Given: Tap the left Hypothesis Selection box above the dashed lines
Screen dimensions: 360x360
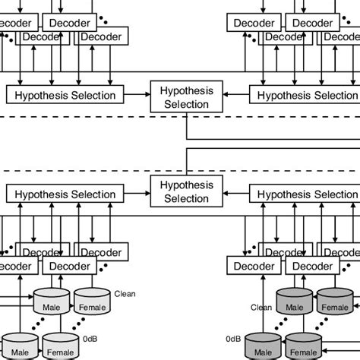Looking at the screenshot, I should coord(65,95).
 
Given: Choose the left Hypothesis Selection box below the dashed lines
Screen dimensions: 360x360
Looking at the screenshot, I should coord(65,194).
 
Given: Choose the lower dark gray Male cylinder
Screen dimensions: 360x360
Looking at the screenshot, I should coord(263,349).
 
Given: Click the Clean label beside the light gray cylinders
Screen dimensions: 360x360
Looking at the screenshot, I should coord(124,292).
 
